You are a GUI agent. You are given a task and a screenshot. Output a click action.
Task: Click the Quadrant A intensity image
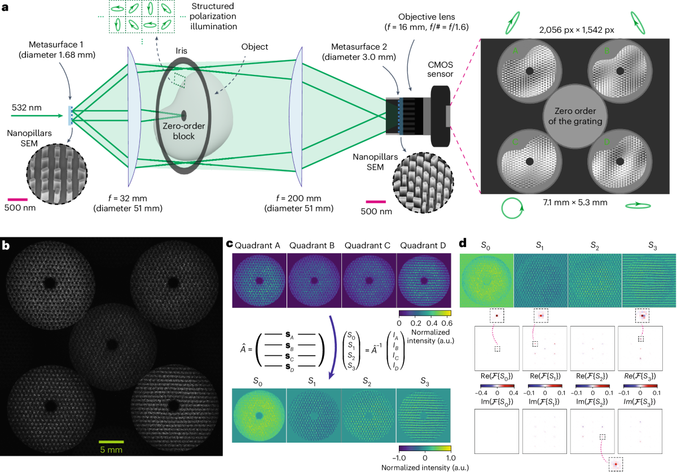tap(259, 280)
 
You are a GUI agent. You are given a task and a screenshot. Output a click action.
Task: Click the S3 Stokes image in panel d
tap(648, 280)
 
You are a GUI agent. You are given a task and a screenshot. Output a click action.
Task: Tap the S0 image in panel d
tap(487, 280)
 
